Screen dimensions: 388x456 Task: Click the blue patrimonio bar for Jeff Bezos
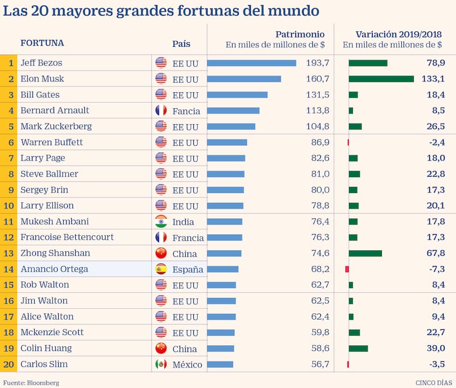[251, 63]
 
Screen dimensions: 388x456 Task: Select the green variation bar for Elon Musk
[381, 79]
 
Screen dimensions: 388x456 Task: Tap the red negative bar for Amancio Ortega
[347, 269]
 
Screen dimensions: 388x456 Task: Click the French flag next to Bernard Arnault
[161, 111]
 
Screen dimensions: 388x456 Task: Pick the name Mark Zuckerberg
[56, 126]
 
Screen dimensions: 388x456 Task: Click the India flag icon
[161, 222]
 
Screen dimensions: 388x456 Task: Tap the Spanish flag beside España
[161, 269]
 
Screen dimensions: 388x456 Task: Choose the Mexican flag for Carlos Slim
[161, 364]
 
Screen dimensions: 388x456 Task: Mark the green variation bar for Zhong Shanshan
[365, 253]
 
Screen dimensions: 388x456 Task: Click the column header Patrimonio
[300, 34]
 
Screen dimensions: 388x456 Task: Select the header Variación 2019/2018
[398, 34]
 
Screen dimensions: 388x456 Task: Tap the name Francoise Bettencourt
[67, 237]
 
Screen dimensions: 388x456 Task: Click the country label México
[187, 365]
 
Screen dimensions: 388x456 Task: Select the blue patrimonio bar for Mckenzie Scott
[221, 332]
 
